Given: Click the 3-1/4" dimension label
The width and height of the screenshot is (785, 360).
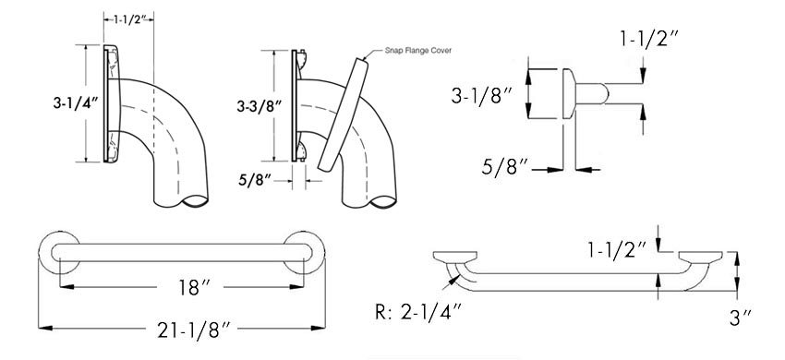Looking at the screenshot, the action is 73,103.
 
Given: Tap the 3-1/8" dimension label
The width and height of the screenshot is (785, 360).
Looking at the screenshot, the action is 480,95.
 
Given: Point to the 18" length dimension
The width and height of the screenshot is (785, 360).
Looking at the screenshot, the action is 190,287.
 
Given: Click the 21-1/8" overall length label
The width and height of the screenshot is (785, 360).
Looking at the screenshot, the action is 195,329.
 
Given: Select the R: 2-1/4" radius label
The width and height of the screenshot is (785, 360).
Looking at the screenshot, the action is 418,313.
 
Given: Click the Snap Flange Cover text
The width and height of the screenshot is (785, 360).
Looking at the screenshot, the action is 418,50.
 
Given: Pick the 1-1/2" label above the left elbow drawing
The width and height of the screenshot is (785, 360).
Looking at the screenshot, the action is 128,19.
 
